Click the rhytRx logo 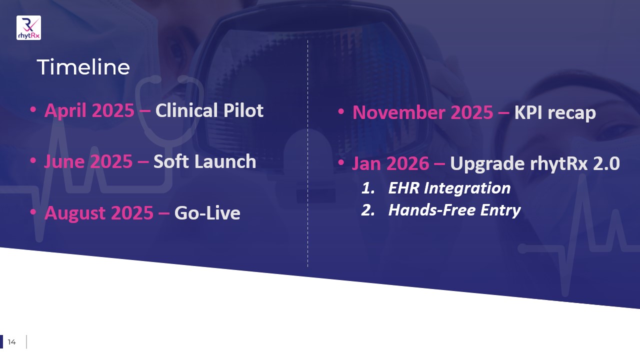(x=28, y=27)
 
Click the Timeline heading (x=83, y=67)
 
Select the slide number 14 (x=11, y=342)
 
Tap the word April (x=65, y=111)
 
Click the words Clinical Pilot (x=209, y=110)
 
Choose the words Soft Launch (x=205, y=161)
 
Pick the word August (x=75, y=213)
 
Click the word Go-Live (x=207, y=213)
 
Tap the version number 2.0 (x=606, y=163)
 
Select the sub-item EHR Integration (x=449, y=188)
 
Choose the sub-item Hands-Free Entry (x=454, y=210)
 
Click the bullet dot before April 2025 (x=33, y=109)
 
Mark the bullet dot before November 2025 (x=341, y=111)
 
